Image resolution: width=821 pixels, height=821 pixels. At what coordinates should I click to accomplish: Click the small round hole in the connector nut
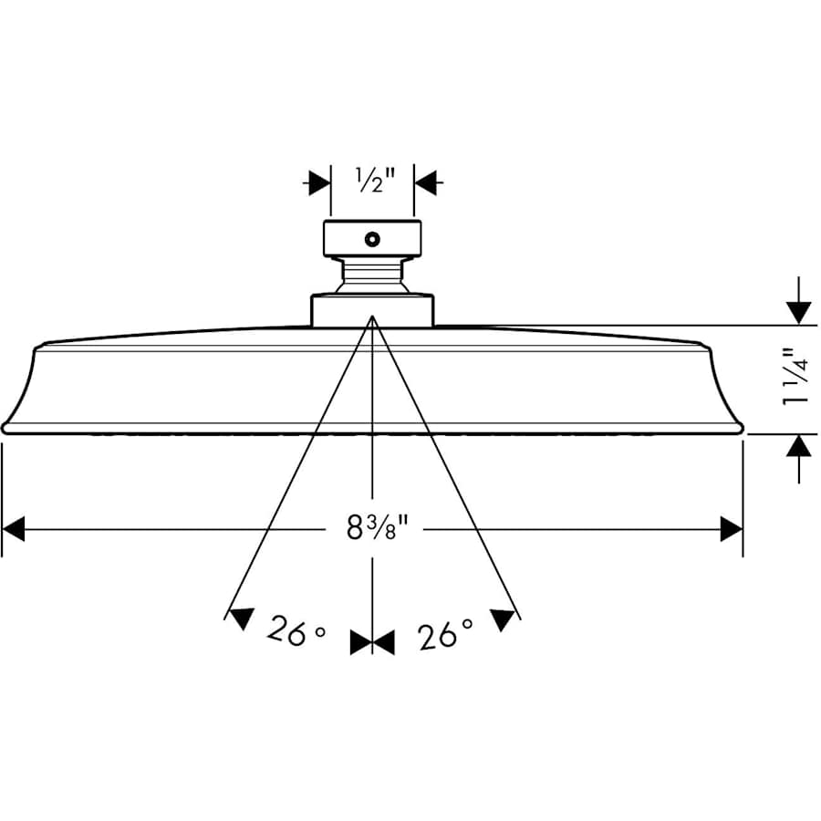pos(371,240)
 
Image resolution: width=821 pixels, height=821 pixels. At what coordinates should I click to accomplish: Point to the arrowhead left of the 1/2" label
pos(318,182)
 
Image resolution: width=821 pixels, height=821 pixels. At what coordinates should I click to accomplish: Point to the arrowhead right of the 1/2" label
pos(426,182)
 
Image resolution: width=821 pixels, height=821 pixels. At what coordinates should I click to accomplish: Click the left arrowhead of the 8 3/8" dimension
pos(15,528)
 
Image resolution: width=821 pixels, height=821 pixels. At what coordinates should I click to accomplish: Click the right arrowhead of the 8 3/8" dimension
pos(731,528)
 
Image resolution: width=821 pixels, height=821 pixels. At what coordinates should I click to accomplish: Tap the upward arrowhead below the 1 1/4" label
pos(799,447)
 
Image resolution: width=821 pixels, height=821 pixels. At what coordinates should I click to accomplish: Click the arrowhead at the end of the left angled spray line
pos(240,619)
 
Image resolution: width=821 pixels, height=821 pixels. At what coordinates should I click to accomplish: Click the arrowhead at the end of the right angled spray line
pos(503,620)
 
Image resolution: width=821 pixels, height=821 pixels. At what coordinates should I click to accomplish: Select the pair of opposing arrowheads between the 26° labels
pos(372,643)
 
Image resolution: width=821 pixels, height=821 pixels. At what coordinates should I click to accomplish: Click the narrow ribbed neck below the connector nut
pos(372,275)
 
